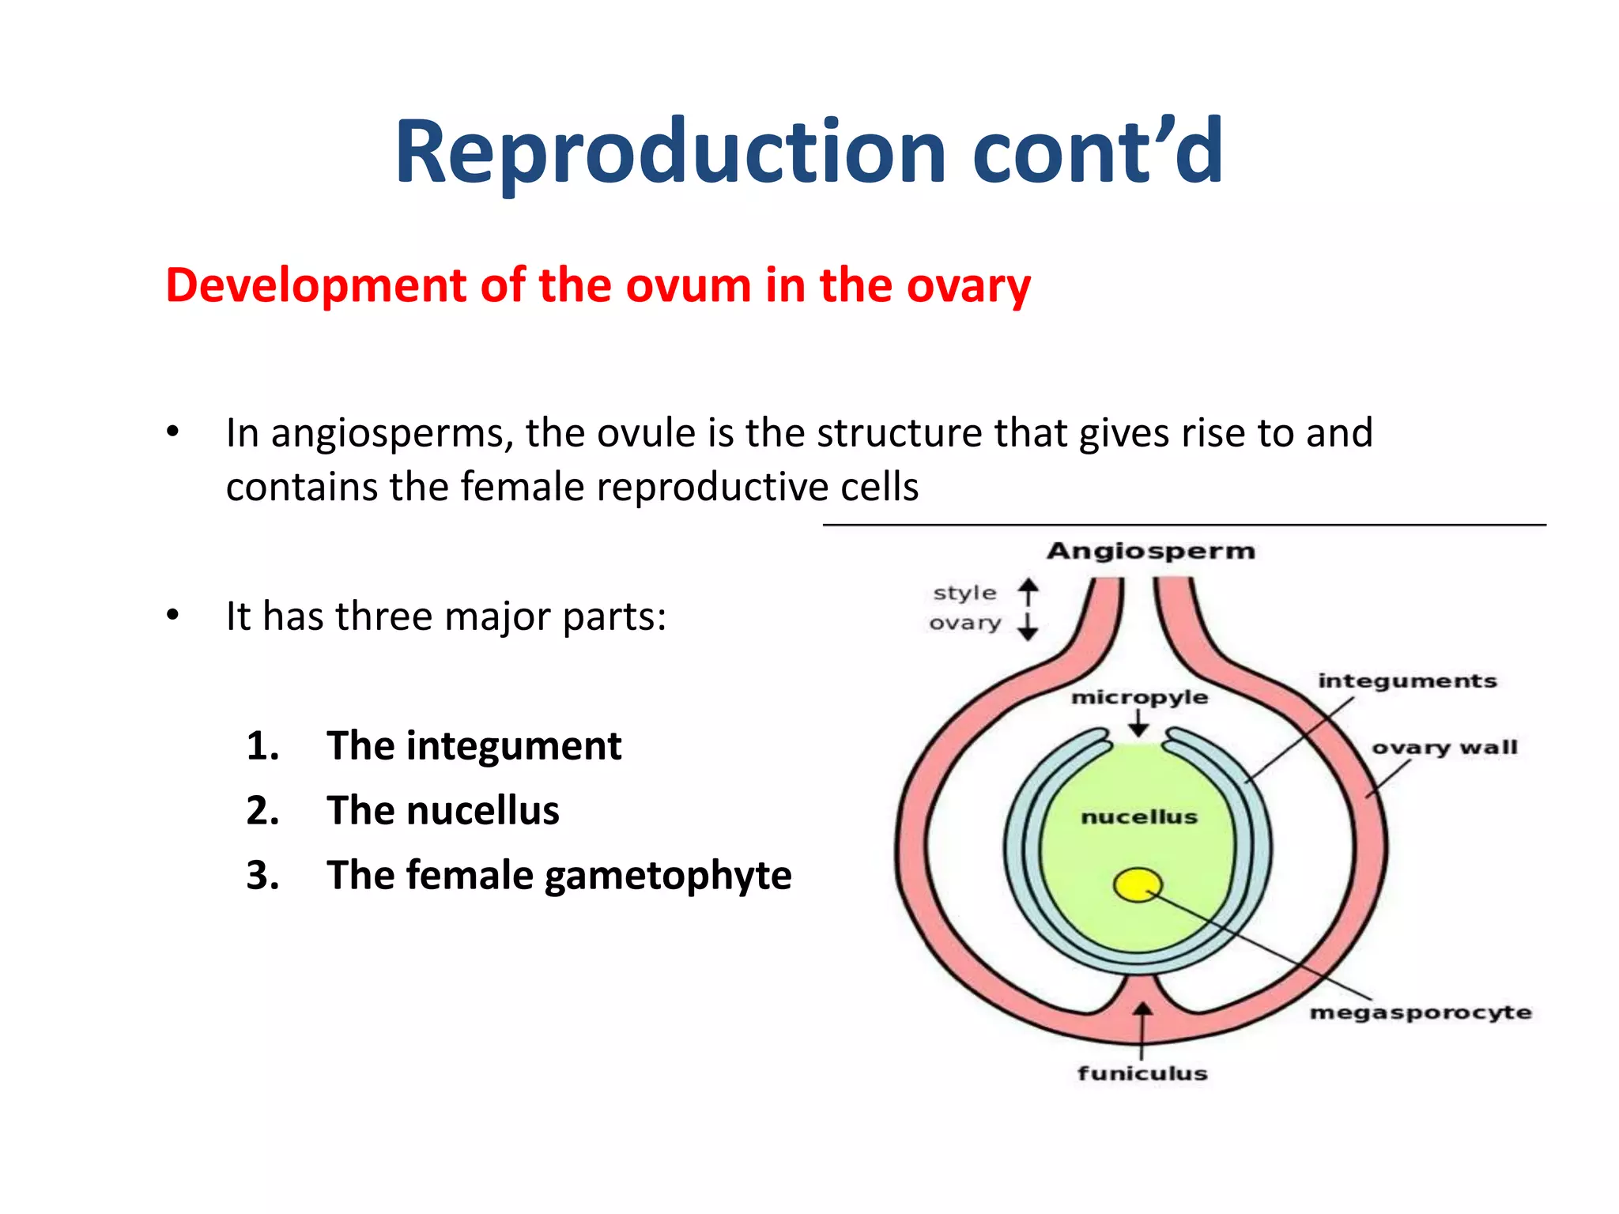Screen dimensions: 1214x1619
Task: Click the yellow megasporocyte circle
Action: [x=1138, y=885]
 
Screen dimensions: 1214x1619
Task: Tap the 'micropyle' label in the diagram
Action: [x=1139, y=697]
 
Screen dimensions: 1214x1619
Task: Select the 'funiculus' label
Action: [x=1142, y=1073]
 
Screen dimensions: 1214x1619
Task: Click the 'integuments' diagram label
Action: [x=1407, y=681]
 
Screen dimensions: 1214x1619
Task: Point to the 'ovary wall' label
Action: [x=1444, y=748]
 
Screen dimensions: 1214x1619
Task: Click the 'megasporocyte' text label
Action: [x=1420, y=1012]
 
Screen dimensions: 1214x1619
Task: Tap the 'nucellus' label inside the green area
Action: [x=1139, y=816]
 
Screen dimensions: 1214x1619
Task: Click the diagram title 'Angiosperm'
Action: [x=1150, y=551]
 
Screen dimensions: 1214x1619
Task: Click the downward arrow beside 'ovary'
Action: [x=1028, y=625]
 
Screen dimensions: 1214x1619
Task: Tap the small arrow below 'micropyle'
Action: [x=1138, y=723]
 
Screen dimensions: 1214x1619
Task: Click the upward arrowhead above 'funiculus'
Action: [x=1142, y=1011]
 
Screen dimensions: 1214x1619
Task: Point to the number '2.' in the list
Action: [x=263, y=811]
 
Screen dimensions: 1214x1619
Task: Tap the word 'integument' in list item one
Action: [x=514, y=746]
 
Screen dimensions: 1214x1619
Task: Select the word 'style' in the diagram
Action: [x=964, y=593]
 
